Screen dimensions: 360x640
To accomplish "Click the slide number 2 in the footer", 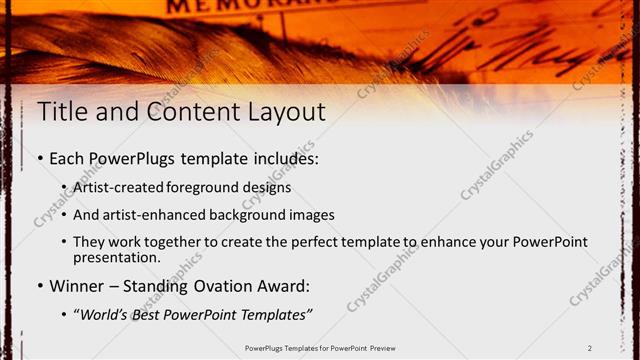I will coord(590,348).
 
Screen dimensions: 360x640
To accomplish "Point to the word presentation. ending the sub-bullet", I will coord(116,258).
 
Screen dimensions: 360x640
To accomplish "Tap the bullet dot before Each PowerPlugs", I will coord(39,159).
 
